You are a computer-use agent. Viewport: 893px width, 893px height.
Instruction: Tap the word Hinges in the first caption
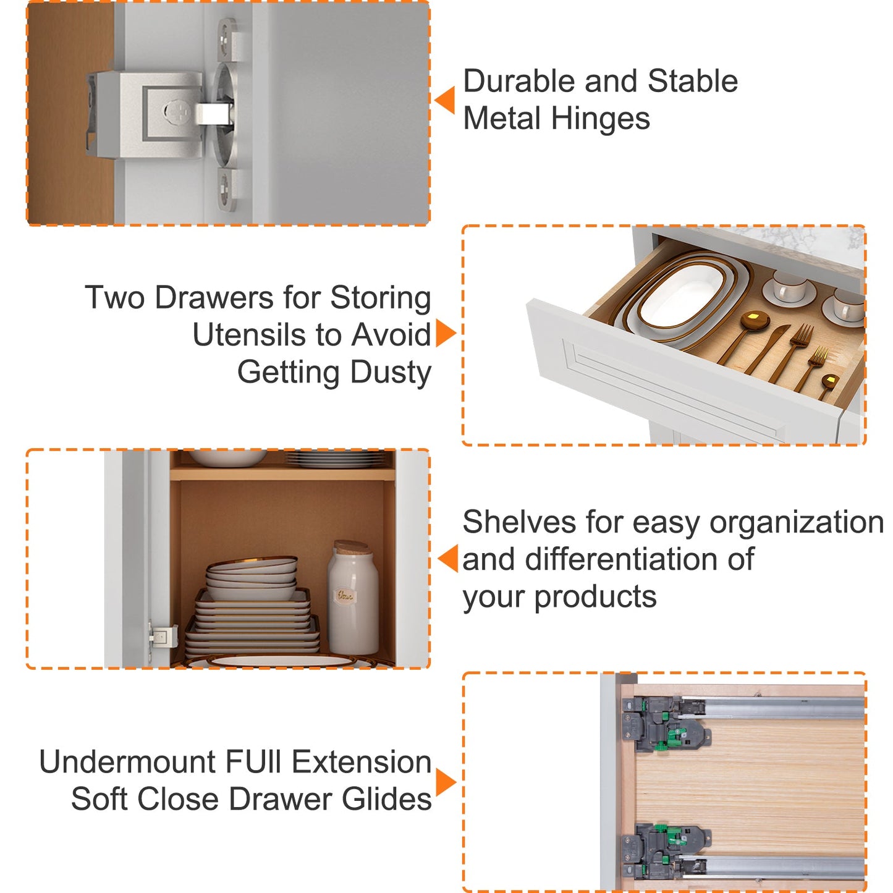(x=600, y=119)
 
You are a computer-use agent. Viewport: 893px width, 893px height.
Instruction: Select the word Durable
(x=520, y=81)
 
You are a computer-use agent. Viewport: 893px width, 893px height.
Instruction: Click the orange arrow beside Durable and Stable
(x=445, y=100)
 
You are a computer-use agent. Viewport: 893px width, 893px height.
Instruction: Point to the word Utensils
(x=266, y=334)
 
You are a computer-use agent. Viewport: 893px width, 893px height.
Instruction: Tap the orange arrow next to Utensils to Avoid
(x=446, y=332)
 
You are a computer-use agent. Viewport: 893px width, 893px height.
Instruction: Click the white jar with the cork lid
(x=353, y=598)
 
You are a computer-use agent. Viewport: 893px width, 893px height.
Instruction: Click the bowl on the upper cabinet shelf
(x=227, y=458)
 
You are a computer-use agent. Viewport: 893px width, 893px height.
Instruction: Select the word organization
(x=797, y=523)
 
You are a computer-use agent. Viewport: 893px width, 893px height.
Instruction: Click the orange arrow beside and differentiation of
(x=447, y=559)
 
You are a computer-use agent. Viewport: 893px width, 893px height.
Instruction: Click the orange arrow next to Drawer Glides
(x=446, y=783)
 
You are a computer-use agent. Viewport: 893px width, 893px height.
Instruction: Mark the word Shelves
(x=520, y=522)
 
